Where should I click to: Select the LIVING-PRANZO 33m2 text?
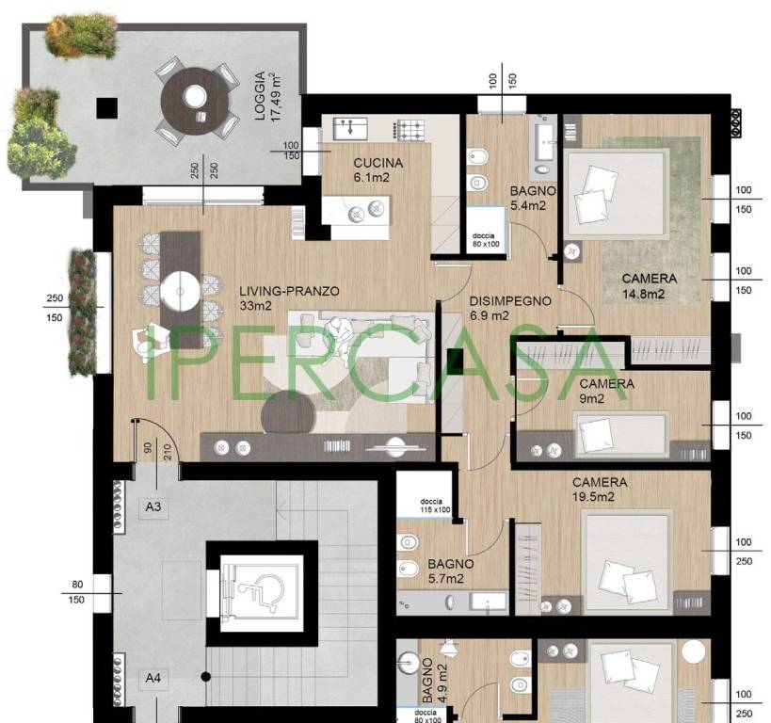pyautogui.click(x=289, y=298)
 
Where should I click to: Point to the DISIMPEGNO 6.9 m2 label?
pyautogui.click(x=510, y=308)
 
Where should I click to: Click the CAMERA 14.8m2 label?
pyautogui.click(x=649, y=286)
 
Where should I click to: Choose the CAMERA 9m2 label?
pyautogui.click(x=606, y=391)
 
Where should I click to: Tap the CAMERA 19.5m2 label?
pyautogui.click(x=600, y=490)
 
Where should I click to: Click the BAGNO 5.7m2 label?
pyautogui.click(x=450, y=571)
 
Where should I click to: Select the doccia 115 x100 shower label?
pyautogui.click(x=435, y=506)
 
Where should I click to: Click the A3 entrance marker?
pyautogui.click(x=153, y=506)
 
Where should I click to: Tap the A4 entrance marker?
pyautogui.click(x=153, y=678)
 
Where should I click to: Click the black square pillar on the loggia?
pyautogui.click(x=107, y=108)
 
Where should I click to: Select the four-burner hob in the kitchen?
pyautogui.click(x=410, y=130)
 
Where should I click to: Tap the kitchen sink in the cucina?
pyautogui.click(x=350, y=128)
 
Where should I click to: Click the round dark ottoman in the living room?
pyautogui.click(x=288, y=412)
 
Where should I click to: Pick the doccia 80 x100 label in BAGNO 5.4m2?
pyautogui.click(x=486, y=240)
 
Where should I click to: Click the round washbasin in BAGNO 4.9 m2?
pyautogui.click(x=409, y=663)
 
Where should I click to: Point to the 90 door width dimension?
pyautogui.click(x=148, y=447)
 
